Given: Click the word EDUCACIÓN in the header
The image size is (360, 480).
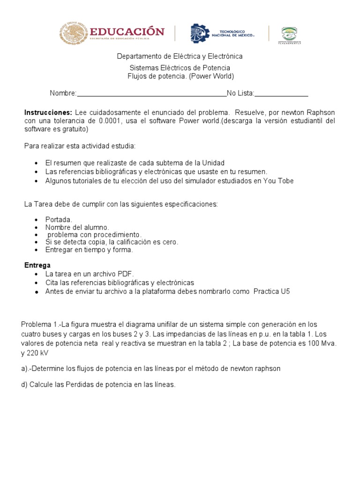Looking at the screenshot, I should click(x=127, y=31).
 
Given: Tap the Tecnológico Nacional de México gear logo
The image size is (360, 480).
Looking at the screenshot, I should click(x=200, y=34).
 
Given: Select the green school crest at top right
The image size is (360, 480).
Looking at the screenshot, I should click(x=291, y=34).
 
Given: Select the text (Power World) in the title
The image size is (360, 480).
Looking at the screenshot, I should click(x=211, y=76).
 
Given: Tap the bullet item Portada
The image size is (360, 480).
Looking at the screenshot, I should click(x=59, y=219).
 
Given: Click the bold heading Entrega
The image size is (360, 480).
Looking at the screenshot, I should click(x=37, y=265).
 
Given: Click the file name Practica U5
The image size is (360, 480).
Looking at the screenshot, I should click(x=272, y=291).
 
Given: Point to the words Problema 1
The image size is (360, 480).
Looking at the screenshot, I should click(x=39, y=324).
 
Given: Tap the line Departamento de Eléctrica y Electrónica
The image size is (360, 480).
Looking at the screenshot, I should click(x=180, y=56).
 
